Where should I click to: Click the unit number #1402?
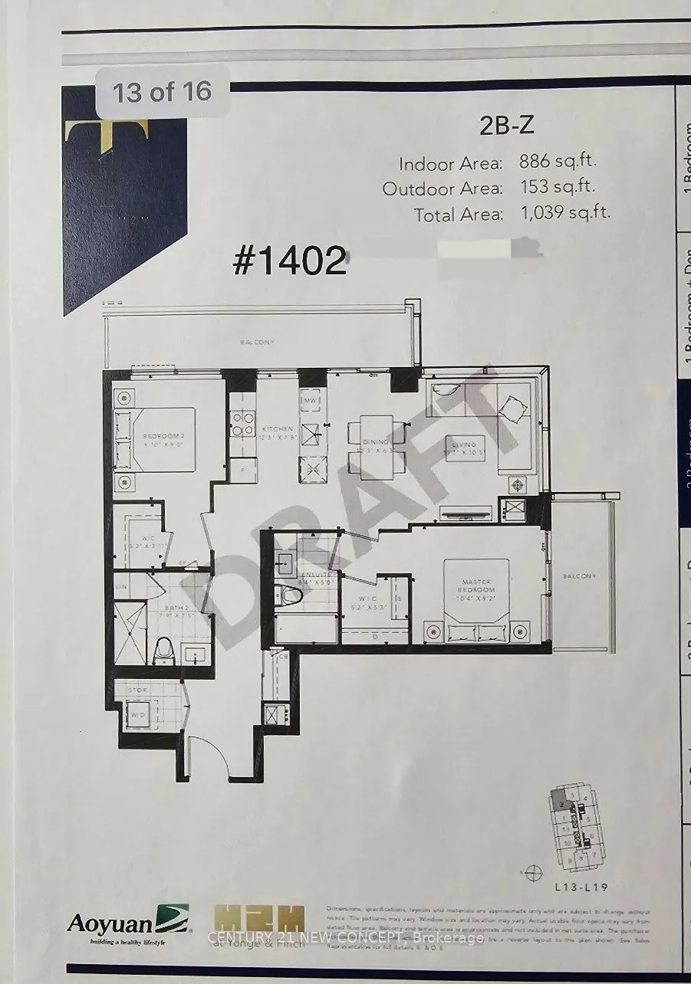pos(290,262)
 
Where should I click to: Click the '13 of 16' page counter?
pos(162,93)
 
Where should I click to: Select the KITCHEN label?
pos(277,429)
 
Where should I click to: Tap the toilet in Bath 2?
pos(164,651)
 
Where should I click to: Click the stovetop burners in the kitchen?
pos(243,424)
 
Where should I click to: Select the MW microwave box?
pos(311,401)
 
